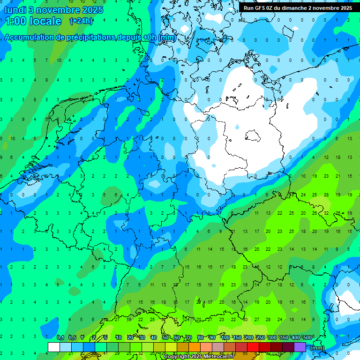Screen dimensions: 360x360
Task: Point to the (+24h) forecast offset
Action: pyautogui.click(x=81, y=21)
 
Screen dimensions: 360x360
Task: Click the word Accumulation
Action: pyautogui.click(x=29, y=37)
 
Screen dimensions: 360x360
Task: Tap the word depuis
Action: pyautogui.click(x=129, y=37)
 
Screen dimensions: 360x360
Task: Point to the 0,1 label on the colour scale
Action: pyautogui.click(x=60, y=337)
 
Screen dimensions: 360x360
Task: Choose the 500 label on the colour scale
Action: pyautogui.click(x=307, y=337)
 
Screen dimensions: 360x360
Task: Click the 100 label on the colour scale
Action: pyautogui.click(x=225, y=337)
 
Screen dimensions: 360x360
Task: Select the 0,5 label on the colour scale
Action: pyautogui.click(x=72, y=337)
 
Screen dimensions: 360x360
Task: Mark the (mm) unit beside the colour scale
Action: pyautogui.click(x=317, y=348)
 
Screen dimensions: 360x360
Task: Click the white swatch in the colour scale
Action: pyautogui.click(x=54, y=347)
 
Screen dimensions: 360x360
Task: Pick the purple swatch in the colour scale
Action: pyautogui.click(x=300, y=347)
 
